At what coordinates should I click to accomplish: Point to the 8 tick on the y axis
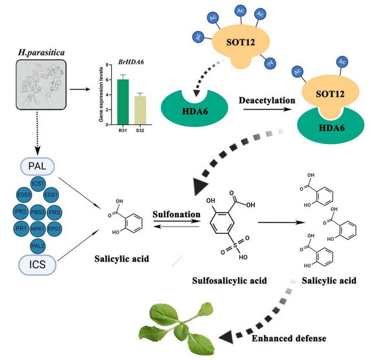coord(108,65)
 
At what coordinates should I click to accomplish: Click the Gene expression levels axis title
coord(101,94)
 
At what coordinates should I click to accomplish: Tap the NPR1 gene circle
coord(37,230)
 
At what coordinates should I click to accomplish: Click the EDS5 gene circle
coord(23,195)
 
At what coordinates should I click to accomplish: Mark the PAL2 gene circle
coord(37,246)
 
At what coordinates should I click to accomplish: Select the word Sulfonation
coord(176,214)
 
